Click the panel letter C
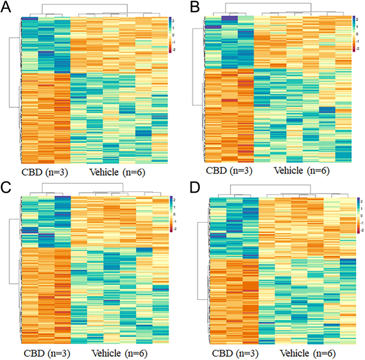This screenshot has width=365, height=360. click(x=7, y=187)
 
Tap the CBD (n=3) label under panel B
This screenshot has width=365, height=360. click(x=229, y=170)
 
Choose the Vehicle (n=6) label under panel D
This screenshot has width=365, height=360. click(x=308, y=352)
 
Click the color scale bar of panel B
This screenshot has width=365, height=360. click(x=354, y=33)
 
